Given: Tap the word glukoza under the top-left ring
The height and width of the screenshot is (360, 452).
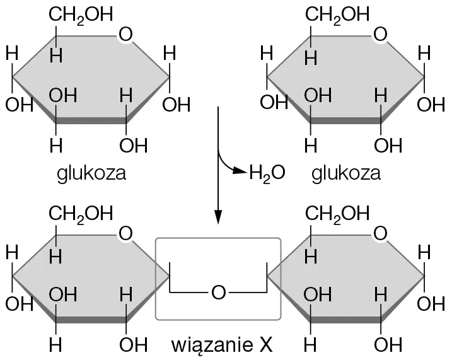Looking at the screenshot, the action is click(91, 174).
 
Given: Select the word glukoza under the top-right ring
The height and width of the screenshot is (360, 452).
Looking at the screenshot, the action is click(346, 174).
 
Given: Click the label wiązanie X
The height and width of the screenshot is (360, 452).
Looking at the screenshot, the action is click(222, 345).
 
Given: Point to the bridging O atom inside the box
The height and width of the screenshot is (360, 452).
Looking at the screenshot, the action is click(218, 293).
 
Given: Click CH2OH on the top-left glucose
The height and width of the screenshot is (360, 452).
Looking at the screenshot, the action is click(81, 15).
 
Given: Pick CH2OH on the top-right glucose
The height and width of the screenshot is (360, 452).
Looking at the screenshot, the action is click(337, 15).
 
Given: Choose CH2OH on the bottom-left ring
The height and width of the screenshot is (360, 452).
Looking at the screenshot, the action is click(81, 214).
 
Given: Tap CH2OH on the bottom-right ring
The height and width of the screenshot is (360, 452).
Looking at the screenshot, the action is click(337, 214).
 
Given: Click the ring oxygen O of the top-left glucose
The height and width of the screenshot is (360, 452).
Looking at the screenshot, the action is click(125, 34).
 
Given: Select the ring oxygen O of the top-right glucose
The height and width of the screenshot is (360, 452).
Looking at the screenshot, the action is click(380, 34).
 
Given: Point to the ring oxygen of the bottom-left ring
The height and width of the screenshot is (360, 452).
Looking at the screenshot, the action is click(125, 233).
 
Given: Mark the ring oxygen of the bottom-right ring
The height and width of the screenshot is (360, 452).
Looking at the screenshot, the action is click(380, 233).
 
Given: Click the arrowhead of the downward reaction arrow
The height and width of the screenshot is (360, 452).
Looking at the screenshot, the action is click(218, 217).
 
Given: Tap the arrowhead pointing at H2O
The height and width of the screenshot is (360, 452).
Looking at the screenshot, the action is click(240, 171).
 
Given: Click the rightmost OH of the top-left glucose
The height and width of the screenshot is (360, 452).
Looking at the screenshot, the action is click(177, 104).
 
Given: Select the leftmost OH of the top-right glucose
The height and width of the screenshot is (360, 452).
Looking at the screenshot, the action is click(274, 102).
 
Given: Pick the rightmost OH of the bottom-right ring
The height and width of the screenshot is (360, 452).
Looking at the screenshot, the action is click(431, 303).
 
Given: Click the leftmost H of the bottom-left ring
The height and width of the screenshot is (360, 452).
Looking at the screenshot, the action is click(12, 252).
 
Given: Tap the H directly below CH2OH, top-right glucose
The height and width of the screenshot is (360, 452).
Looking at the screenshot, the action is click(311, 57).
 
